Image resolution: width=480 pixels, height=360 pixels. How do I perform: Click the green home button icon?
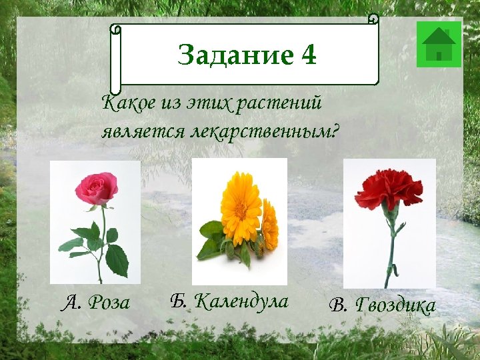(439, 44)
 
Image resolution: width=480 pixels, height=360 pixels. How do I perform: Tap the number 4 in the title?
(309, 55)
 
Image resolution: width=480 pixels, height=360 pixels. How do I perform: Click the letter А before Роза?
(69, 304)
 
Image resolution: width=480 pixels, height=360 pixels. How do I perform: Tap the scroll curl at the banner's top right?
(373, 19)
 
